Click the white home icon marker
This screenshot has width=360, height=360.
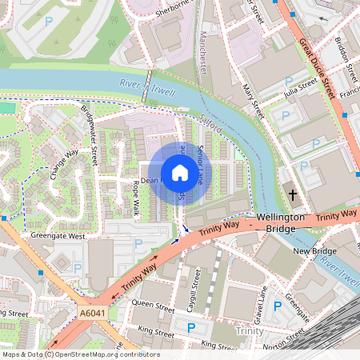tap(179, 172)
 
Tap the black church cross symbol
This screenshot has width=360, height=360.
tap(293, 194)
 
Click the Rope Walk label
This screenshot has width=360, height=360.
tap(135, 198)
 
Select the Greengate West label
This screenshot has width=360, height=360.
tap(57, 236)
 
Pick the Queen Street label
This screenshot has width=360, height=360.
tap(153, 305)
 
